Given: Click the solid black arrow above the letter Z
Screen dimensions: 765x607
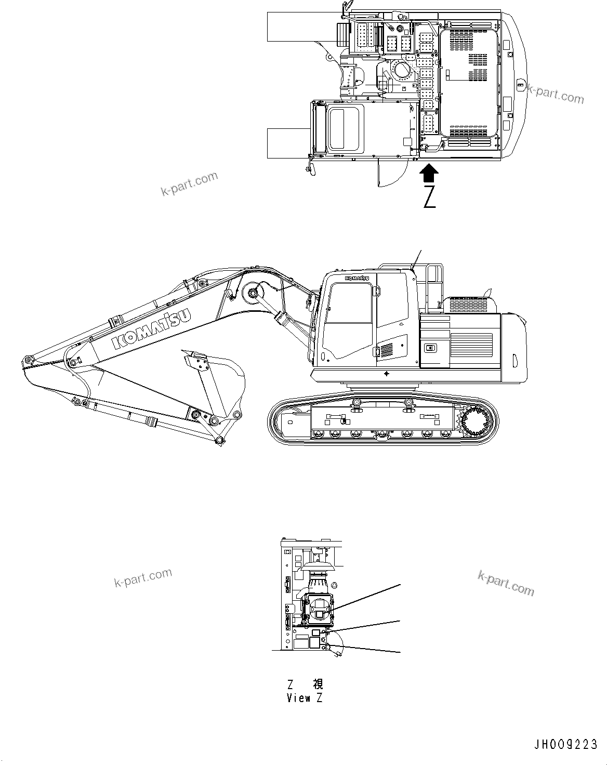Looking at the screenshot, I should (429, 172).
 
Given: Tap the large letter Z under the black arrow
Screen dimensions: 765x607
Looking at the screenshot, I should (429, 197).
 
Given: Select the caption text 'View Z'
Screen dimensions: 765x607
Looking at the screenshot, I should (304, 698).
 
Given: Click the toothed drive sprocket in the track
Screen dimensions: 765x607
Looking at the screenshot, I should (473, 421).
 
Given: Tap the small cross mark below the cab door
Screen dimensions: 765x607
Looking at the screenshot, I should (386, 374).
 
